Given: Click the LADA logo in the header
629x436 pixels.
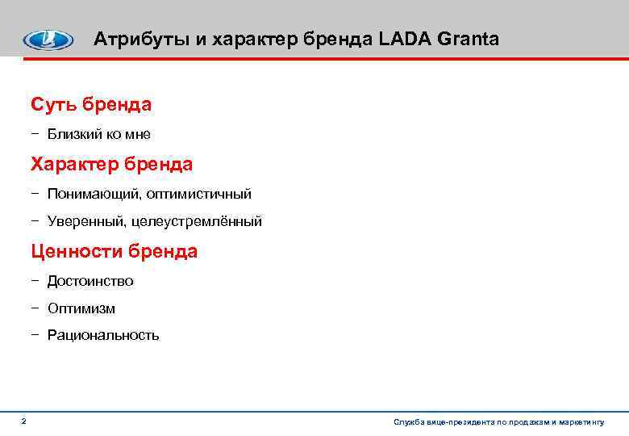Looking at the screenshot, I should click(x=47, y=40).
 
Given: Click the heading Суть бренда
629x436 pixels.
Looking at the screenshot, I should click(x=91, y=104).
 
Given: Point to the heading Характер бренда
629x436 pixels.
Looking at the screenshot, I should click(x=111, y=165).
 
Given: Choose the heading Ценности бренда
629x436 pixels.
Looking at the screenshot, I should click(x=114, y=251).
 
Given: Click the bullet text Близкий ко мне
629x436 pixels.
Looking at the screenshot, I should click(x=98, y=134).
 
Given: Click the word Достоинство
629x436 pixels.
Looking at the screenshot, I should click(x=90, y=281).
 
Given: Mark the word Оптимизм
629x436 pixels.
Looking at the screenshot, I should click(x=81, y=308).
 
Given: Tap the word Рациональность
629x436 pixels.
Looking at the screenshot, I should click(x=103, y=335).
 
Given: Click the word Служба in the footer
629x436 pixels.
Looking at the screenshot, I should click(x=408, y=422).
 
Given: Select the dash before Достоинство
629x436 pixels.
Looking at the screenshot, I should click(x=35, y=281).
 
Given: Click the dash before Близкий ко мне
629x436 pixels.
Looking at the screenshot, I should click(x=35, y=134).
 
